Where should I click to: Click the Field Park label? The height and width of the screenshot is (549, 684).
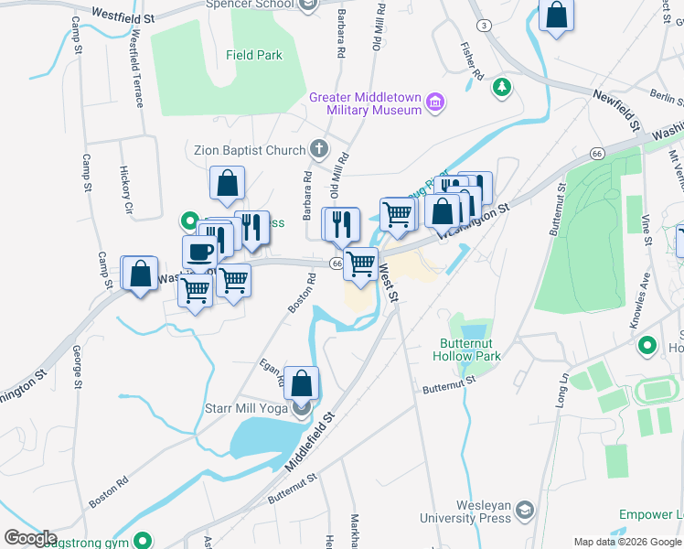point(254,55)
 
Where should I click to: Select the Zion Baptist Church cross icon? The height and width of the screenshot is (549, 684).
point(318,148)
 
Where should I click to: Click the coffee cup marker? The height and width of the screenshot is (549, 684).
point(199,253)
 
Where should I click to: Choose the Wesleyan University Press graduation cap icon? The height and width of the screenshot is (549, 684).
point(525,509)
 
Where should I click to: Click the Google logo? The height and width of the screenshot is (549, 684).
point(29,538)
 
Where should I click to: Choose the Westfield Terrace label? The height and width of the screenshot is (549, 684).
point(136,68)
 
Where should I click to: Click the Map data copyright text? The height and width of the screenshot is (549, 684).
point(627,542)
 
